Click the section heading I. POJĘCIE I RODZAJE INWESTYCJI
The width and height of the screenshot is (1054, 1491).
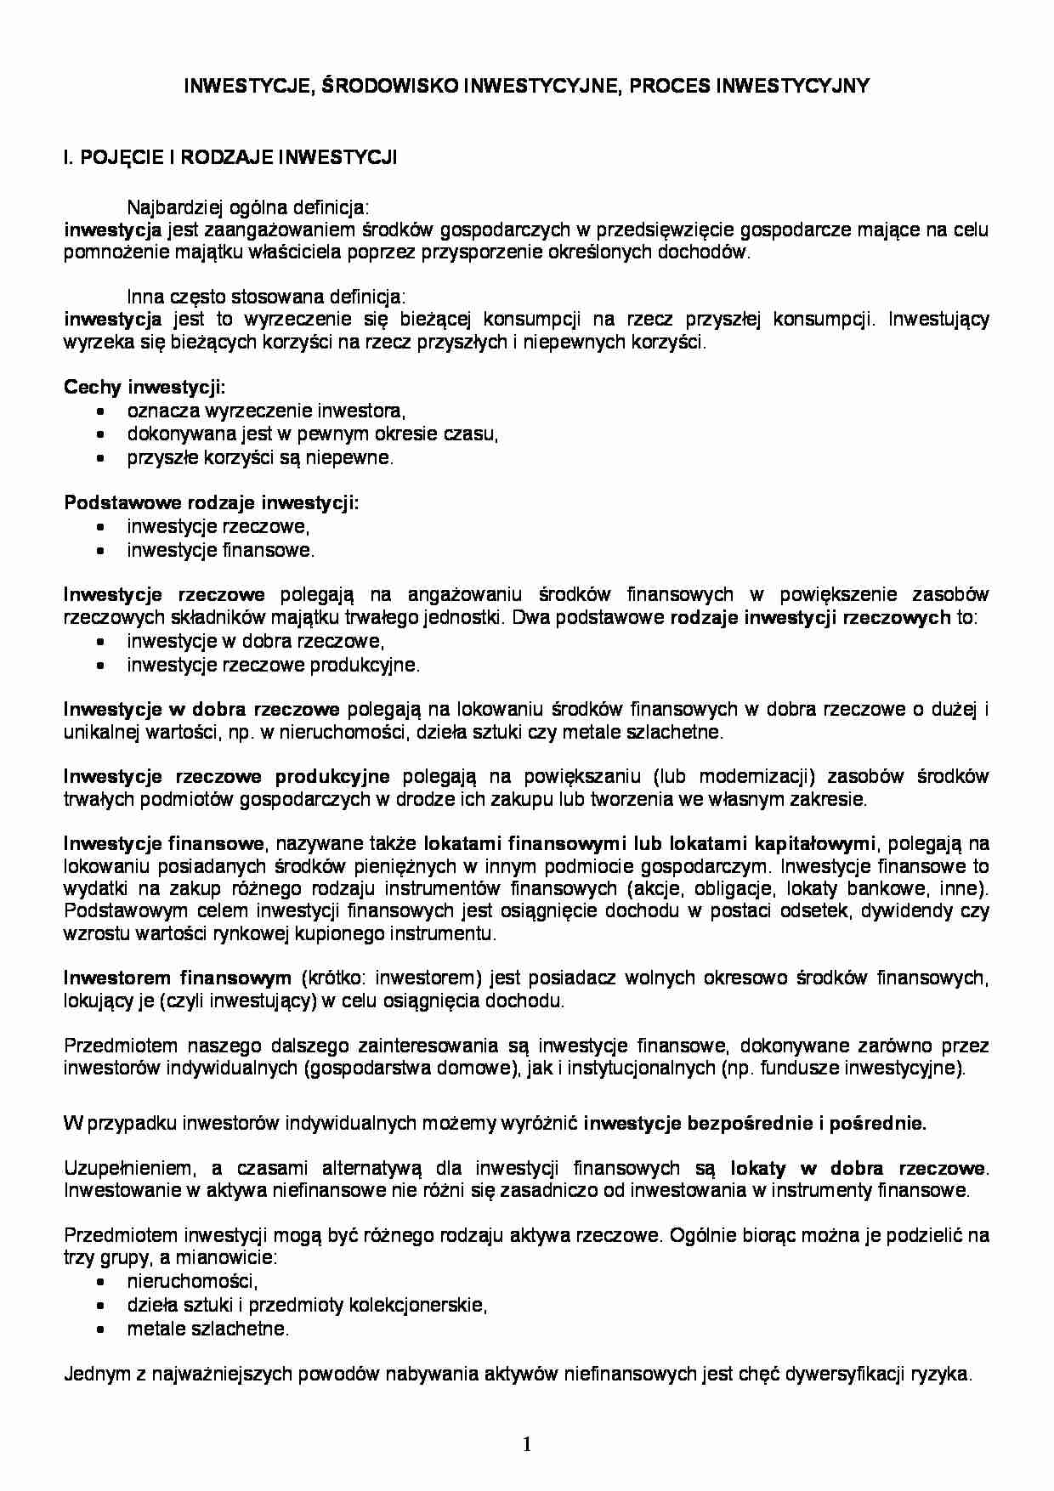pos(230,157)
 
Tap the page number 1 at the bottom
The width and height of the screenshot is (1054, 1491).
pos(527,1443)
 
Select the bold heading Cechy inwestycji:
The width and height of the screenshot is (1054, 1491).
pos(144,388)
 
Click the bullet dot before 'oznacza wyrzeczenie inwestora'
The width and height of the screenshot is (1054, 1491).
pos(102,411)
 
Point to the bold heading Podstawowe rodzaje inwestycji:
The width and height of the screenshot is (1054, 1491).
pos(212,502)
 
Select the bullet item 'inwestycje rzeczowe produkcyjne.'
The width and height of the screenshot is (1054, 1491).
pos(274,665)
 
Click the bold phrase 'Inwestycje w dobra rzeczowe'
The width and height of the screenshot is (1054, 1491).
pos(201,709)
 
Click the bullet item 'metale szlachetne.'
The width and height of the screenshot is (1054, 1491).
pos(208,1329)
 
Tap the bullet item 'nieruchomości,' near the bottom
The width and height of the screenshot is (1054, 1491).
pos(193,1281)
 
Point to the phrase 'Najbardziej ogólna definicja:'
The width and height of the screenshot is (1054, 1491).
pos(248,207)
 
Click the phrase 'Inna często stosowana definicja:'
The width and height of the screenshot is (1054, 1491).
pos(266,297)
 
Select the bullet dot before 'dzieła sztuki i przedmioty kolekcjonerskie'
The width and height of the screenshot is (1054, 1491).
pos(102,1306)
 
